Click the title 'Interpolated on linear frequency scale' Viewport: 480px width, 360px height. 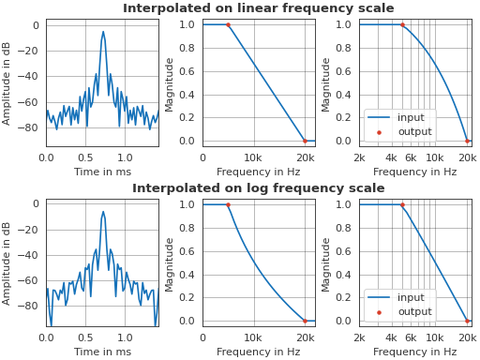[258, 8]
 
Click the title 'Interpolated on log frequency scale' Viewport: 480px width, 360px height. [258, 188]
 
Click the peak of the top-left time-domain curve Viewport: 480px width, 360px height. [103, 31]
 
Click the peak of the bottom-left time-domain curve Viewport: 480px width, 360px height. [103, 211]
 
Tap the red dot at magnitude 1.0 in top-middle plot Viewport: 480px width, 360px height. [228, 24]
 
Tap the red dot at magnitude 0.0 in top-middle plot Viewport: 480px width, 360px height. [305, 141]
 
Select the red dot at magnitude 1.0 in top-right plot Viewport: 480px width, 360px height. [402, 24]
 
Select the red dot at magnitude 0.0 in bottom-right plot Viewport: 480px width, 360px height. [467, 321]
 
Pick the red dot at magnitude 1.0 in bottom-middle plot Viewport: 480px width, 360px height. [228, 204]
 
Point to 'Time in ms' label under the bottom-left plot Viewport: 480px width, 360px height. [102, 352]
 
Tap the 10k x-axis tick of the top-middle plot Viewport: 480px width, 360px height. [253, 157]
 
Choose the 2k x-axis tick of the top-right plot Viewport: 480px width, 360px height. [359, 157]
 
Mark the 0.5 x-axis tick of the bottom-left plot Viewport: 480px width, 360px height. [85, 337]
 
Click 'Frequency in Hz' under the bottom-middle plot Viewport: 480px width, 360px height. [259, 352]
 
